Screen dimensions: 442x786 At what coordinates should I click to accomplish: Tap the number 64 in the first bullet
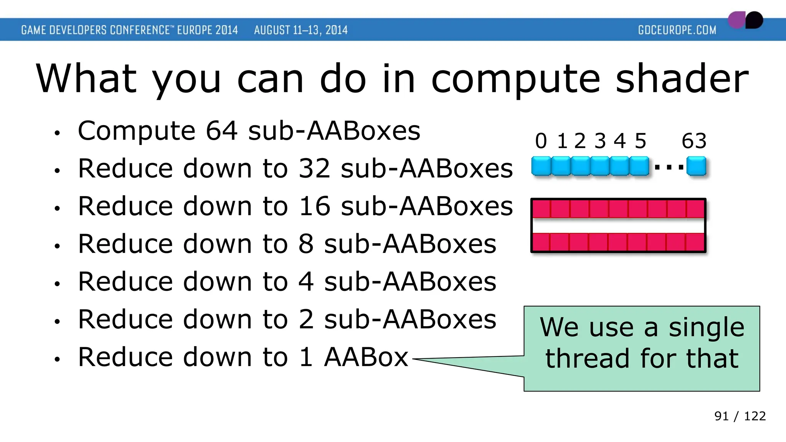[221, 131]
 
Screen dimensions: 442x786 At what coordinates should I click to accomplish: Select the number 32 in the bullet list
[314, 168]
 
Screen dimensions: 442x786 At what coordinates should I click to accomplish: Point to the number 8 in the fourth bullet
[306, 244]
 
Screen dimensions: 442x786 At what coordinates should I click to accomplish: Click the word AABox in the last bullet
[366, 357]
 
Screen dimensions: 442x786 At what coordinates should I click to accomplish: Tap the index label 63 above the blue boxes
[694, 141]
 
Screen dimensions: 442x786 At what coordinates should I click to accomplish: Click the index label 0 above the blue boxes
[541, 141]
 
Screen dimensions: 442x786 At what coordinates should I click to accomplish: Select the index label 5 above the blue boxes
[640, 141]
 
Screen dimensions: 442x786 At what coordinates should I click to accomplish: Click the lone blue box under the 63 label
[696, 167]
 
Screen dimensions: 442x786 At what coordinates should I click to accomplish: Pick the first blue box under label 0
[541, 167]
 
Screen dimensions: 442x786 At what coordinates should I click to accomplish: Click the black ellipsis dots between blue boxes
[669, 167]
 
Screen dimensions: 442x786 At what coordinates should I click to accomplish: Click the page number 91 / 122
[740, 416]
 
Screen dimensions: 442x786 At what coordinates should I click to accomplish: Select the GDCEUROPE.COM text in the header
[677, 30]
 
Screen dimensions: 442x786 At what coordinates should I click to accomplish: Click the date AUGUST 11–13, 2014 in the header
[301, 30]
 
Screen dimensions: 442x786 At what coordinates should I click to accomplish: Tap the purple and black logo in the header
[745, 20]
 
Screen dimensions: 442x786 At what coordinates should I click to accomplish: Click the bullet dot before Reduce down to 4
[57, 284]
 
